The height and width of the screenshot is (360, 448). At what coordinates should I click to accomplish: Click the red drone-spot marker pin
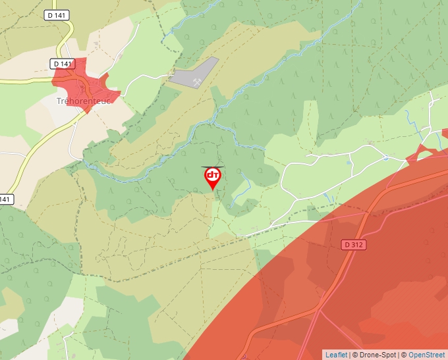[x=213, y=177]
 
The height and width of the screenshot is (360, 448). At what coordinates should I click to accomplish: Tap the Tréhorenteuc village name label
[x=84, y=101]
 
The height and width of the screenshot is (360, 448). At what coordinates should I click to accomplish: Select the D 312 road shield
[x=354, y=244]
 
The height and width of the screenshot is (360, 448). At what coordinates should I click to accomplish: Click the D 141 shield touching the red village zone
[x=63, y=64]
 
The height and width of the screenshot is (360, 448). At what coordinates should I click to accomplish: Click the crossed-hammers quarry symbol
[x=196, y=82]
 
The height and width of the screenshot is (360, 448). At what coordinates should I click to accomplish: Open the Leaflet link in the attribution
[x=336, y=355]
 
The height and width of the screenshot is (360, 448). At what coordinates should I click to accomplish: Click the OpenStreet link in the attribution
[x=428, y=355]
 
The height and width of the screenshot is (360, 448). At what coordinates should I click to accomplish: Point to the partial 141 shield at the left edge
[x=5, y=199]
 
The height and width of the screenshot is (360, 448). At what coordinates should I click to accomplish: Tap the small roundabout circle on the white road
[x=385, y=158]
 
